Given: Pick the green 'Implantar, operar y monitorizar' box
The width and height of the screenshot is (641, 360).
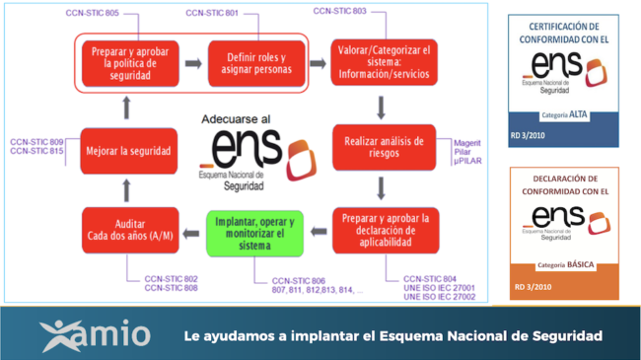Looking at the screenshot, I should [253, 233].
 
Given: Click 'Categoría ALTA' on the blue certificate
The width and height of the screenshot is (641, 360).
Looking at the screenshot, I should [563, 114].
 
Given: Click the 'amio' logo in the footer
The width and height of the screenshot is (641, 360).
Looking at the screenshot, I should [96, 334].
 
